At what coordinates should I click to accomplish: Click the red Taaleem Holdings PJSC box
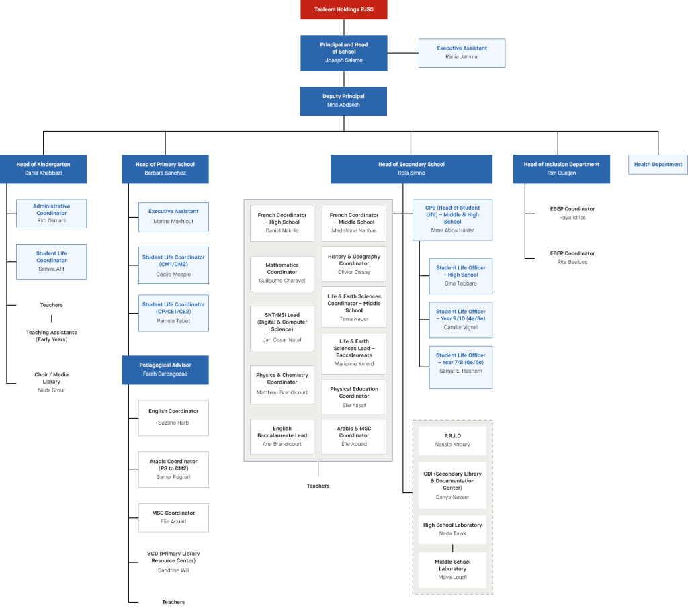[x=343, y=10]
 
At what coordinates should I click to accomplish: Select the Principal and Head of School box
[x=343, y=52]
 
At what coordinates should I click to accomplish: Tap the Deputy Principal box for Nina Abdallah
[x=343, y=101]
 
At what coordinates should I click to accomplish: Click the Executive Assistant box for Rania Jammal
[x=462, y=52]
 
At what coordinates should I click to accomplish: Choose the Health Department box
[x=658, y=164]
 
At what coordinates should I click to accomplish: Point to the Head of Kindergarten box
[x=43, y=169]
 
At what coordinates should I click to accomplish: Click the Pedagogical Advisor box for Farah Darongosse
[x=165, y=369]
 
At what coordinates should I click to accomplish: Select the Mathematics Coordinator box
[x=282, y=273]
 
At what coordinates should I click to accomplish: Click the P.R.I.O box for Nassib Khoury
[x=452, y=440]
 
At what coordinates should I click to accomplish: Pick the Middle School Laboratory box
[x=452, y=570]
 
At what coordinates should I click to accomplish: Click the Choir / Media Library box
[x=51, y=382]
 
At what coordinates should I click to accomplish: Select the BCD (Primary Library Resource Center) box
[x=173, y=562]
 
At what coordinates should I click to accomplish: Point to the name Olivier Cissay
[x=354, y=273]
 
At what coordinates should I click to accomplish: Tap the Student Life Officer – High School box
[x=460, y=275]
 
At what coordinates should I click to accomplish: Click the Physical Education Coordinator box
[x=354, y=397]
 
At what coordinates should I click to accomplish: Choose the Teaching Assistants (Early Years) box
[x=51, y=336]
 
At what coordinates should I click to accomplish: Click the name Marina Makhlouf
[x=173, y=222]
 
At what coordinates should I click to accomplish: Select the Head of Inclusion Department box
[x=561, y=169]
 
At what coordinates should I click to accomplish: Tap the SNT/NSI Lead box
[x=282, y=326]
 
